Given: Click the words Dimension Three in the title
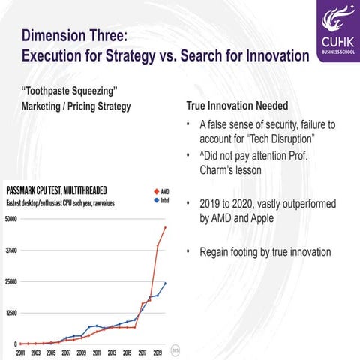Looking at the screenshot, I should tap(76, 37).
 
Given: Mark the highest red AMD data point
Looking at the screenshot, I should tap(165, 227).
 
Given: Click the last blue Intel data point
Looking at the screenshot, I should tap(165, 283).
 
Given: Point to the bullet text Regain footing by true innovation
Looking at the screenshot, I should tap(265, 252).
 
